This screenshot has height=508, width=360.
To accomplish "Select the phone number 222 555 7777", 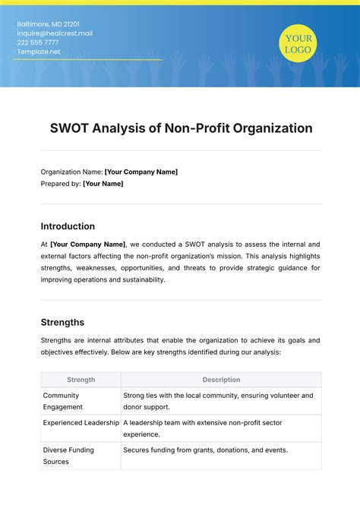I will [x=38, y=42].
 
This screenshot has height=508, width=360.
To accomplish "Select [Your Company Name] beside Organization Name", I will [x=141, y=172].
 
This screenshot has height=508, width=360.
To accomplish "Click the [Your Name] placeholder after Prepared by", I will [x=103, y=183].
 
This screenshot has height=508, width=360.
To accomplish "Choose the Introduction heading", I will [x=68, y=226].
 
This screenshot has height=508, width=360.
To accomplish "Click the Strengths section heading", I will [x=62, y=322].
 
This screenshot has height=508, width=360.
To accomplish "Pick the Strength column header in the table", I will [x=81, y=380].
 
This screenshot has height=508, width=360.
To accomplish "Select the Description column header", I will [x=221, y=380].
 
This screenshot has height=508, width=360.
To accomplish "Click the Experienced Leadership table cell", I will [x=81, y=422].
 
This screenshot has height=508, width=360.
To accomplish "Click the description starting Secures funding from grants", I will [x=205, y=450].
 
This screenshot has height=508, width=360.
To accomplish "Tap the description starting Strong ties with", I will [x=217, y=401].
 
